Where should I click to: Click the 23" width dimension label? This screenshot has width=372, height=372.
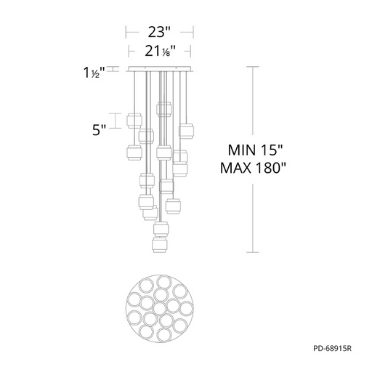click(160, 32)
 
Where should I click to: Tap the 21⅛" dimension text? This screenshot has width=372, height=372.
click(160, 51)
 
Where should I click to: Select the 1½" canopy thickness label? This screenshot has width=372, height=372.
click(94, 73)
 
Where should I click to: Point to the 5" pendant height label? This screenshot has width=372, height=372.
click(100, 130)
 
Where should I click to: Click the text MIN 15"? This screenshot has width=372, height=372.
click(255, 150)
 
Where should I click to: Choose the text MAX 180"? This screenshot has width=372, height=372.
click(253, 168)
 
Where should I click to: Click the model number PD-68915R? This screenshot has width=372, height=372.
click(332, 348)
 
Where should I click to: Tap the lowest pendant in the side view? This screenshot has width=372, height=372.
click(160, 245)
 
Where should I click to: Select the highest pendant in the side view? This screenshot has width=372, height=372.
click(164, 109)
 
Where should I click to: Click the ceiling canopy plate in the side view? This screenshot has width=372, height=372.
click(160, 69)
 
